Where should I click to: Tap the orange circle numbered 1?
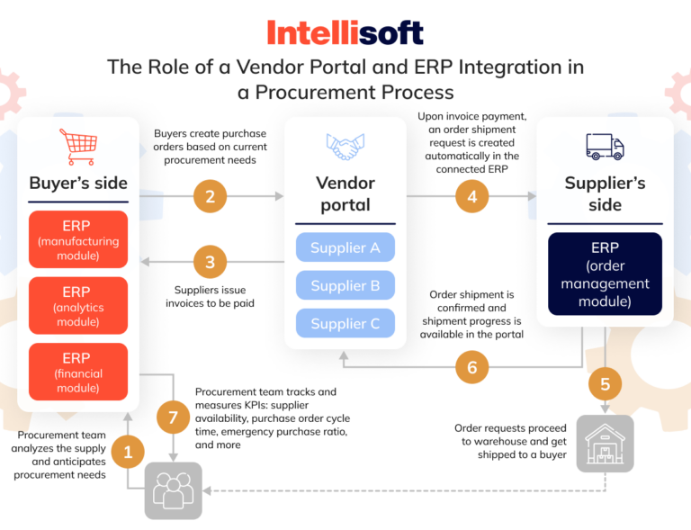point(128,451)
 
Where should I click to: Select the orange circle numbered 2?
point(210,196)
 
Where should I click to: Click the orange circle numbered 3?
point(210,263)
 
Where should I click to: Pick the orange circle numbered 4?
point(472,196)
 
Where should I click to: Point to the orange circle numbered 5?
point(605,384)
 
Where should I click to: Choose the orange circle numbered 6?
point(472,367)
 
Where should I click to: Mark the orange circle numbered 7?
point(173,417)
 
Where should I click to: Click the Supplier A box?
point(345,247)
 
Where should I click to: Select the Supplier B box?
point(345,285)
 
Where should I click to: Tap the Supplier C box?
point(345,323)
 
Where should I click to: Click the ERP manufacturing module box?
point(77,239)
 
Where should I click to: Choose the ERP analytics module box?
point(77,306)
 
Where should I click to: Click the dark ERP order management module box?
point(605,274)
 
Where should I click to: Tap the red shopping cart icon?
point(77,146)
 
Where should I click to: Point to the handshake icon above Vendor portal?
point(345,147)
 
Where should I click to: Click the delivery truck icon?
point(605,146)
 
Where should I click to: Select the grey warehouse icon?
point(605,444)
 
